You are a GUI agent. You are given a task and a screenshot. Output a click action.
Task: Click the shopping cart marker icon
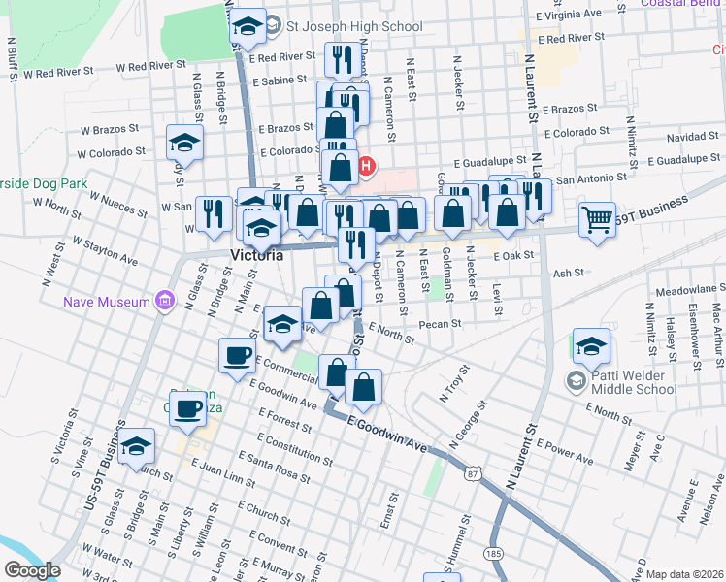[x=598, y=218]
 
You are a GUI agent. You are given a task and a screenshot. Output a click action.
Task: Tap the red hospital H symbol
[x=366, y=167]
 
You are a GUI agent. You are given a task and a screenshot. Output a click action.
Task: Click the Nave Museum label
[x=107, y=302]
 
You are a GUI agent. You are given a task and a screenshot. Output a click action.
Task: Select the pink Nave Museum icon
[x=163, y=301]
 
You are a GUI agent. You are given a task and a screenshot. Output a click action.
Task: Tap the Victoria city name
[x=257, y=256]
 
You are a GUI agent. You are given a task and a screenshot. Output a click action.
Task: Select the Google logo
[x=32, y=570]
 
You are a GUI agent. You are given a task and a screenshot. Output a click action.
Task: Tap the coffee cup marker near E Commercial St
[x=237, y=355]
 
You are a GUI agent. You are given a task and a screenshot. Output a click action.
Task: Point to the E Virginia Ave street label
[x=568, y=16]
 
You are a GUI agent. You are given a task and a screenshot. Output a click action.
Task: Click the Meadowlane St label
[x=690, y=289]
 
